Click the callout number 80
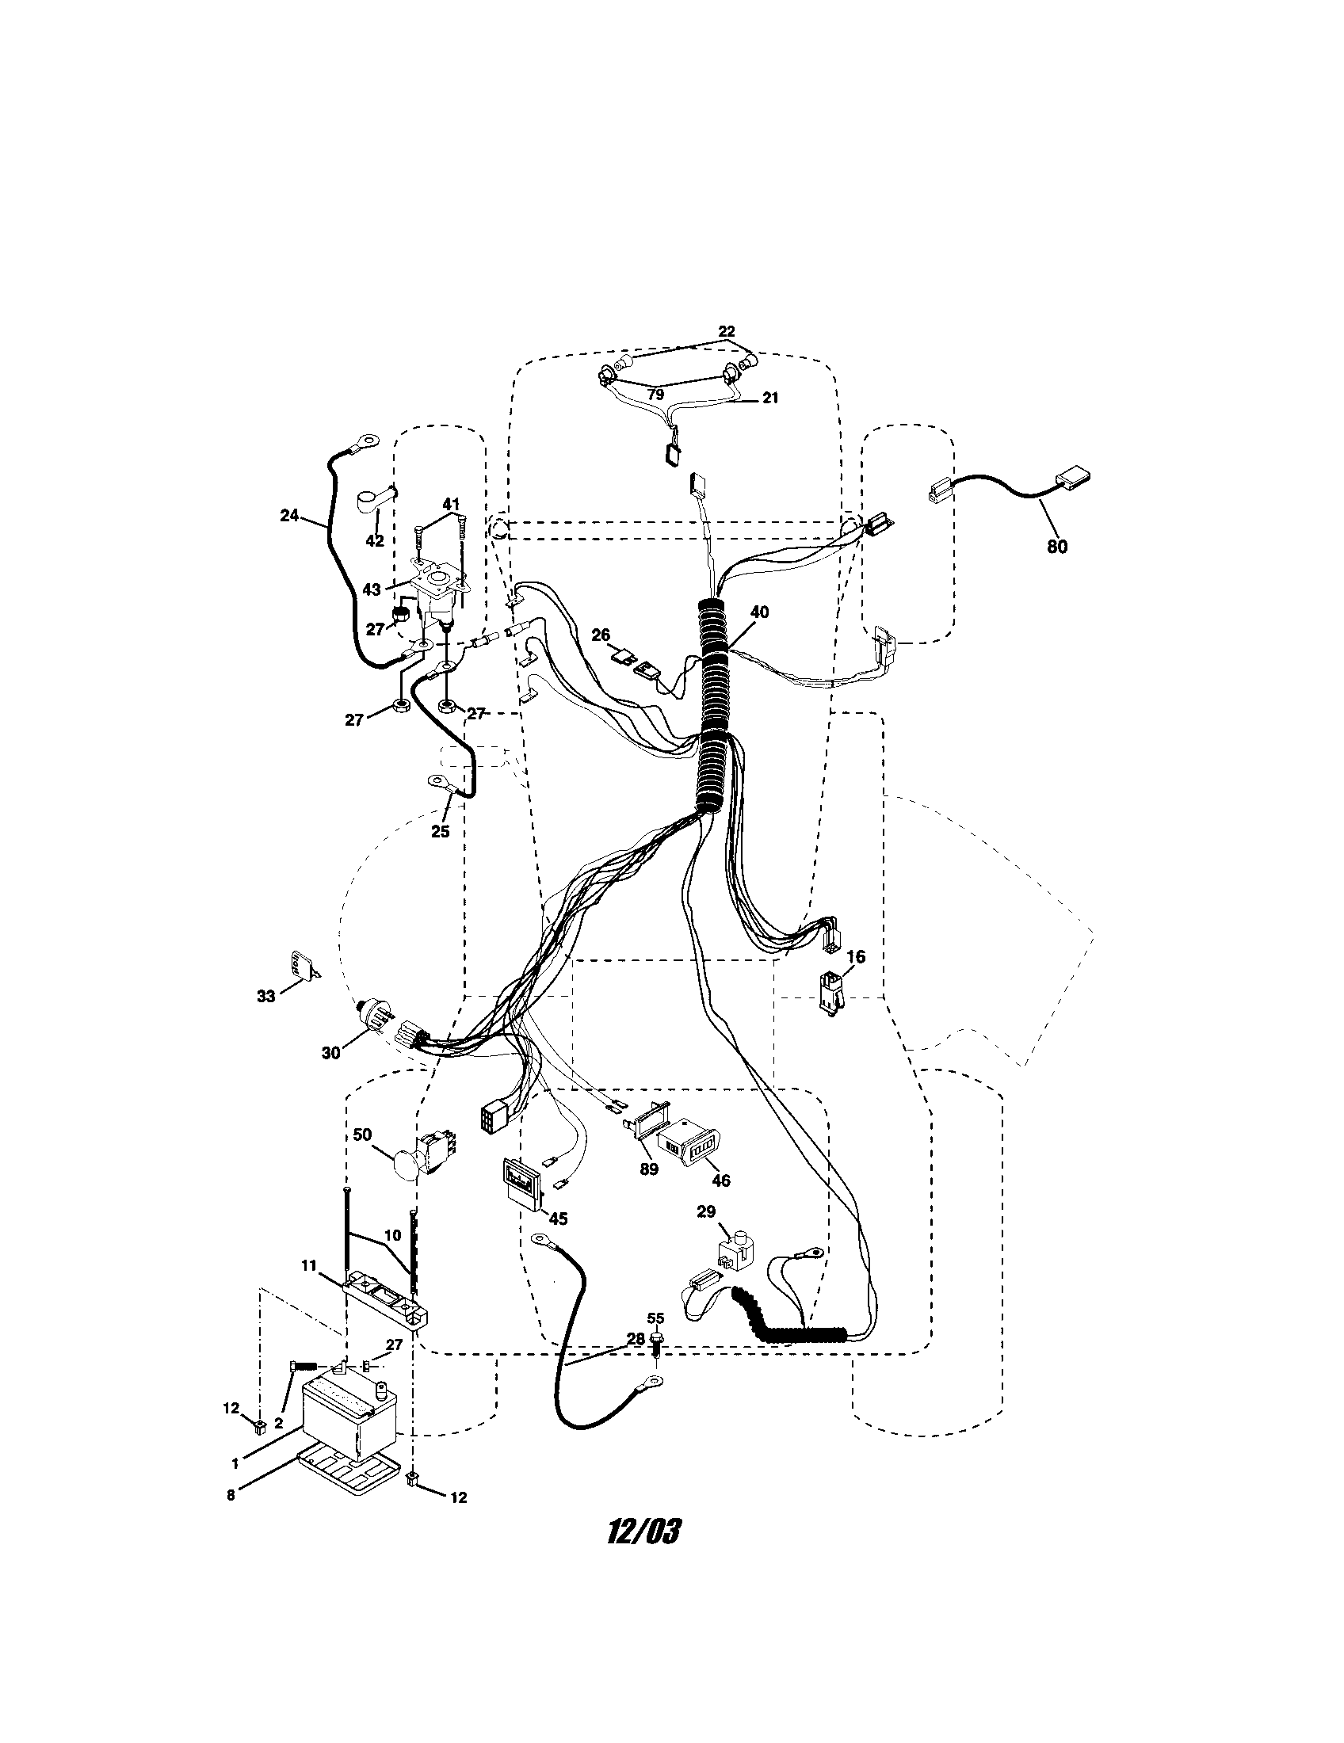coord(1056,547)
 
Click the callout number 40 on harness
coord(760,612)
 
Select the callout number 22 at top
coord(726,331)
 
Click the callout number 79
coord(655,395)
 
